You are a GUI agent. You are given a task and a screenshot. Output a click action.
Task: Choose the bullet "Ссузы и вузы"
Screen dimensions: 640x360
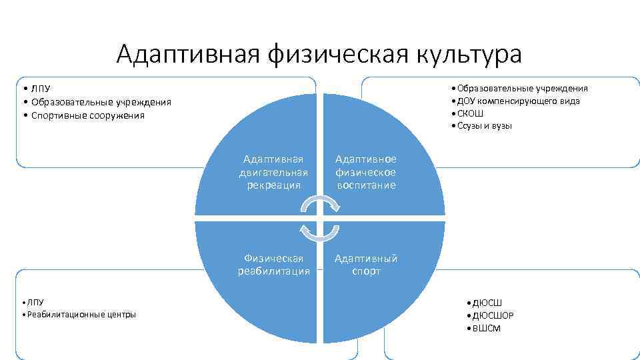pyautogui.click(x=483, y=126)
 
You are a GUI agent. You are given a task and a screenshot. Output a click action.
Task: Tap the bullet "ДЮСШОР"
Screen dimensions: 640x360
pyautogui.click(x=493, y=315)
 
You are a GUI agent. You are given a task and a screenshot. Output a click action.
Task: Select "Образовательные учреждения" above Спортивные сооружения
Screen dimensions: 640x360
pyautogui.click(x=99, y=102)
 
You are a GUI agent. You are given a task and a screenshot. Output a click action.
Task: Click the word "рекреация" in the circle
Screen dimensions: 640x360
pyautogui.click(x=273, y=185)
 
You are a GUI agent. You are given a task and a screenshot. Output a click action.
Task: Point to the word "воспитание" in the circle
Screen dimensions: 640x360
pyautogui.click(x=365, y=185)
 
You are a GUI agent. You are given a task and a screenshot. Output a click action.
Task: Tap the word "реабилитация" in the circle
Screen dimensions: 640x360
pyautogui.click(x=273, y=271)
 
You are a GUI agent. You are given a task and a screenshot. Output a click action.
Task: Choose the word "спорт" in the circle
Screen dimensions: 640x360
pyautogui.click(x=365, y=271)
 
